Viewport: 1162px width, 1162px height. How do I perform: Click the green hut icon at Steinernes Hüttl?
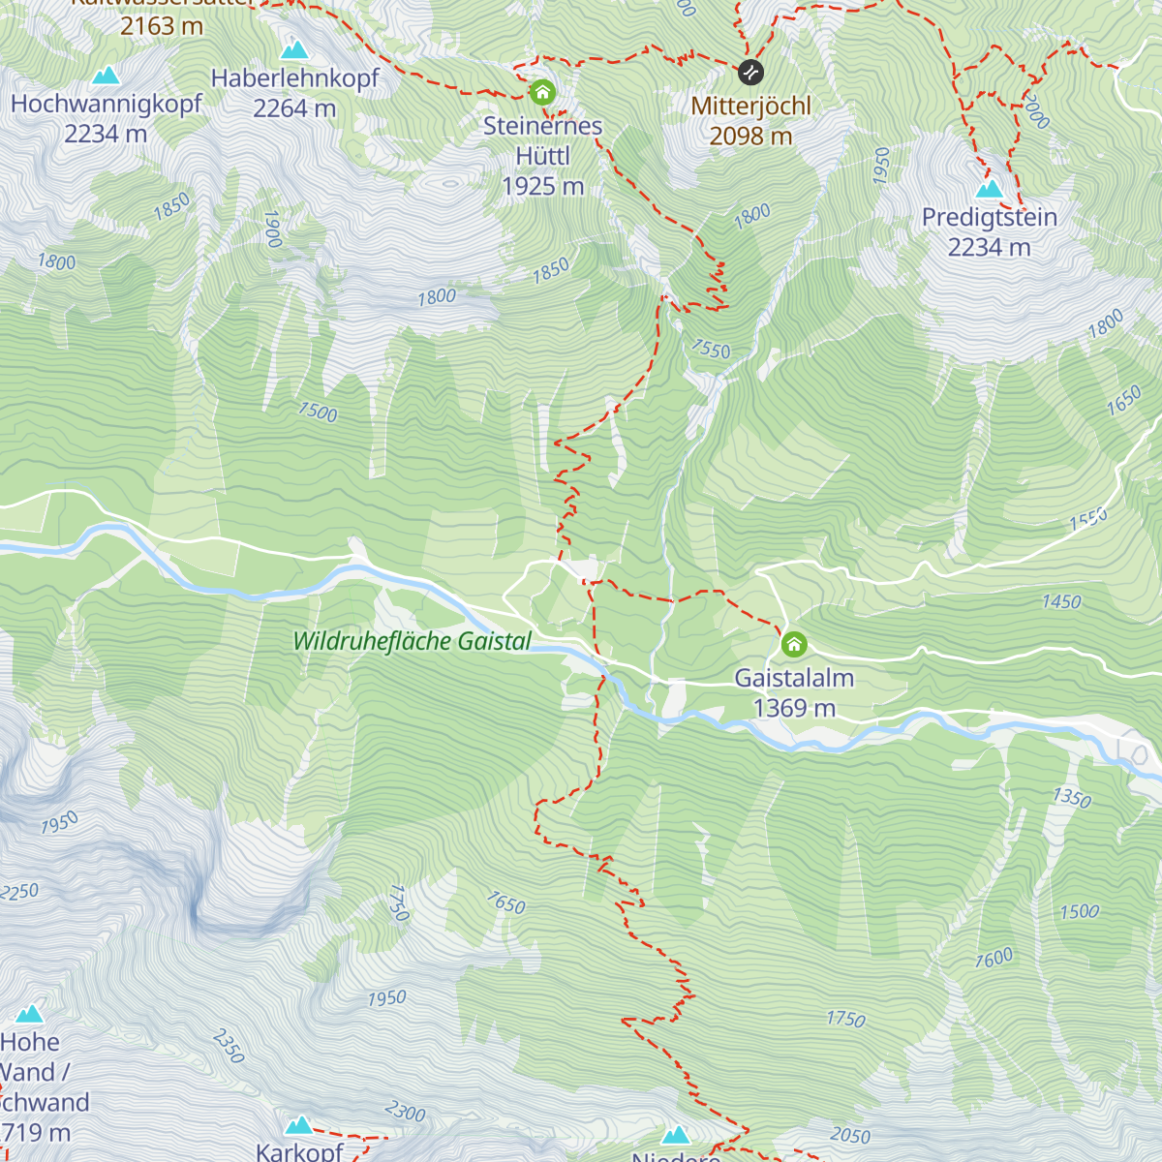(542, 92)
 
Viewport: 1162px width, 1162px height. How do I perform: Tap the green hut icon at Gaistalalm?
(794, 644)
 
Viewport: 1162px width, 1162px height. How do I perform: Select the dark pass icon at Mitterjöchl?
(750, 72)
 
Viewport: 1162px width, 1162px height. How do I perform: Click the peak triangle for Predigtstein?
(989, 188)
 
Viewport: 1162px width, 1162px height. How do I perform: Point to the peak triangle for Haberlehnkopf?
(294, 49)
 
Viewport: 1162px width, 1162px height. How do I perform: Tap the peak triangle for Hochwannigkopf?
(106, 76)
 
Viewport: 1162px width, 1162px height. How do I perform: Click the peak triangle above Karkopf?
(299, 1125)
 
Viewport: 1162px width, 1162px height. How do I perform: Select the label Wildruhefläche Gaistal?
(413, 641)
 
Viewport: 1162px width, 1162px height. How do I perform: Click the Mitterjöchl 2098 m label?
(750, 121)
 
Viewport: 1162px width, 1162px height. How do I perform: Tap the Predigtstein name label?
(989, 217)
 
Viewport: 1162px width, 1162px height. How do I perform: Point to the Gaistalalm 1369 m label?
(794, 692)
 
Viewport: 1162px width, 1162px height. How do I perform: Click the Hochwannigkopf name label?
(107, 104)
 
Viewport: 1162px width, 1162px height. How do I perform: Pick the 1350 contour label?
(1072, 798)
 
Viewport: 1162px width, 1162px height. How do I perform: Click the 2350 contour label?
(229, 1046)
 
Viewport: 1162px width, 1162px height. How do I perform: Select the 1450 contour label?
(1061, 602)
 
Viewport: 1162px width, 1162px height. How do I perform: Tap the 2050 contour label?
(850, 1135)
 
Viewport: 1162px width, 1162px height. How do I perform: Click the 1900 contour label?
(272, 229)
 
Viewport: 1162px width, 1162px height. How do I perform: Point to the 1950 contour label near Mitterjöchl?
(880, 166)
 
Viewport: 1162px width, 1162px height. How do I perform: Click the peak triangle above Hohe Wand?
(30, 1014)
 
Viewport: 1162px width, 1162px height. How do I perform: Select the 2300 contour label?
(405, 1112)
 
